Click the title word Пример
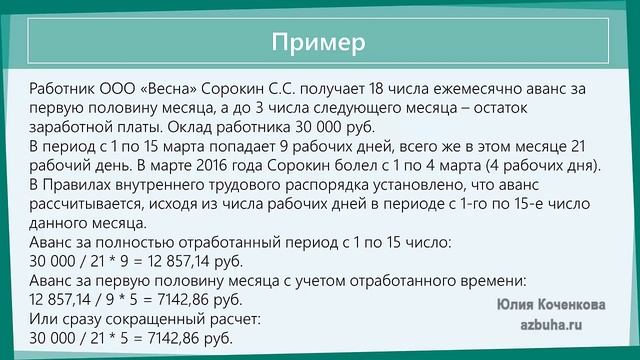pyautogui.click(x=319, y=42)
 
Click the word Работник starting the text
pyautogui.click(x=63, y=90)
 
